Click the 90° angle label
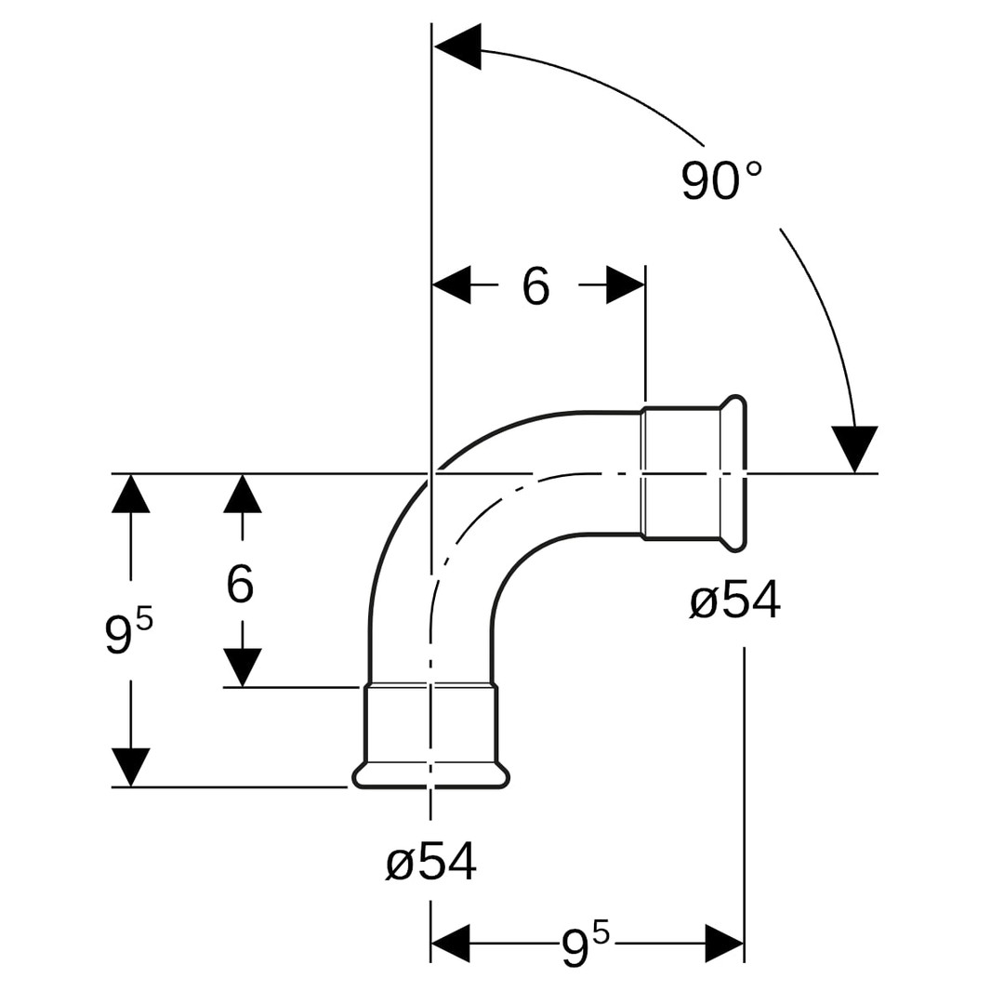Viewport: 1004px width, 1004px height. click(721, 181)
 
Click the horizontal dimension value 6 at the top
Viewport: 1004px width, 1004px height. click(536, 286)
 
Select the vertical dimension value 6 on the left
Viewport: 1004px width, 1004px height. click(240, 585)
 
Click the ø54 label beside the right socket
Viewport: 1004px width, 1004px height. click(734, 601)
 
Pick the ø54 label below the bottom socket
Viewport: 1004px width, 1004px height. click(431, 862)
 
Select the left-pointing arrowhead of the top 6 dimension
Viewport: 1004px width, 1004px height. click(453, 284)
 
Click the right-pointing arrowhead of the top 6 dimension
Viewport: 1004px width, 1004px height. click(625, 284)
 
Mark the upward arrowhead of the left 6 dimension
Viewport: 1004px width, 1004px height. click(243, 495)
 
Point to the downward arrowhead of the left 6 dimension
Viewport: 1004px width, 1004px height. click(243, 667)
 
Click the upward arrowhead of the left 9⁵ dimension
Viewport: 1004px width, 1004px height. click(131, 495)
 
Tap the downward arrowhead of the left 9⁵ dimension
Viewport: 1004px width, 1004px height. click(131, 766)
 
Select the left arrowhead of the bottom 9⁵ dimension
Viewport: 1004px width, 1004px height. click(451, 944)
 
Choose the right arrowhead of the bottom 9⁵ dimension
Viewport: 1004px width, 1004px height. click(724, 944)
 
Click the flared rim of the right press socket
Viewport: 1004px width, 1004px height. click(733, 473)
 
